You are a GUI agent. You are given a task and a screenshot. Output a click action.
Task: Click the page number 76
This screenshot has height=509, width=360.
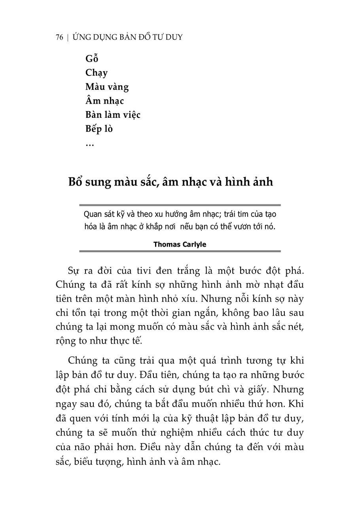(59, 38)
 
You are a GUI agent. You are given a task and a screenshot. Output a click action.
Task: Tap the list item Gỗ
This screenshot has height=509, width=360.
(91, 59)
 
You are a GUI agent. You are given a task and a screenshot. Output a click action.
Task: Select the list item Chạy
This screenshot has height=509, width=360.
(96, 73)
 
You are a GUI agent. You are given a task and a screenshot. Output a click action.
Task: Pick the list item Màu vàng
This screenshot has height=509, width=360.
(107, 87)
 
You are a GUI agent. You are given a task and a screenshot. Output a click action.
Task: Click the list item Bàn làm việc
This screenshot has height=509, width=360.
(113, 115)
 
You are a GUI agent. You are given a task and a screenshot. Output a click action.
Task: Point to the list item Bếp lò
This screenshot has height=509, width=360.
(99, 129)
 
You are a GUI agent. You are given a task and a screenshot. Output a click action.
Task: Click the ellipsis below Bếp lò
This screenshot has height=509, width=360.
(89, 145)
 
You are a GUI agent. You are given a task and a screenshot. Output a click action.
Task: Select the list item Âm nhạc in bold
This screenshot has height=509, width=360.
(104, 101)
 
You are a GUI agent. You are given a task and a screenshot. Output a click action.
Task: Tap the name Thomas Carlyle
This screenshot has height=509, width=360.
(180, 244)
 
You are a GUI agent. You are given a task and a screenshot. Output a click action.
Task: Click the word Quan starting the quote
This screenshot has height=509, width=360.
(92, 214)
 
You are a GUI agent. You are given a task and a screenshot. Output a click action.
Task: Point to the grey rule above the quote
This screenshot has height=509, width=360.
(180, 205)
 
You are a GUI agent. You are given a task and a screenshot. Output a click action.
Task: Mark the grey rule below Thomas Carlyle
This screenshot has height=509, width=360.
(180, 251)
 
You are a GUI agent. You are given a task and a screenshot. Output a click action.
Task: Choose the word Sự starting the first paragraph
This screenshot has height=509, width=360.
(74, 271)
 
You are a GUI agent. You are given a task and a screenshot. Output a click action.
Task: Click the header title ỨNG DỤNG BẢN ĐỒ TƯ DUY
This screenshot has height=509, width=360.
(128, 38)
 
